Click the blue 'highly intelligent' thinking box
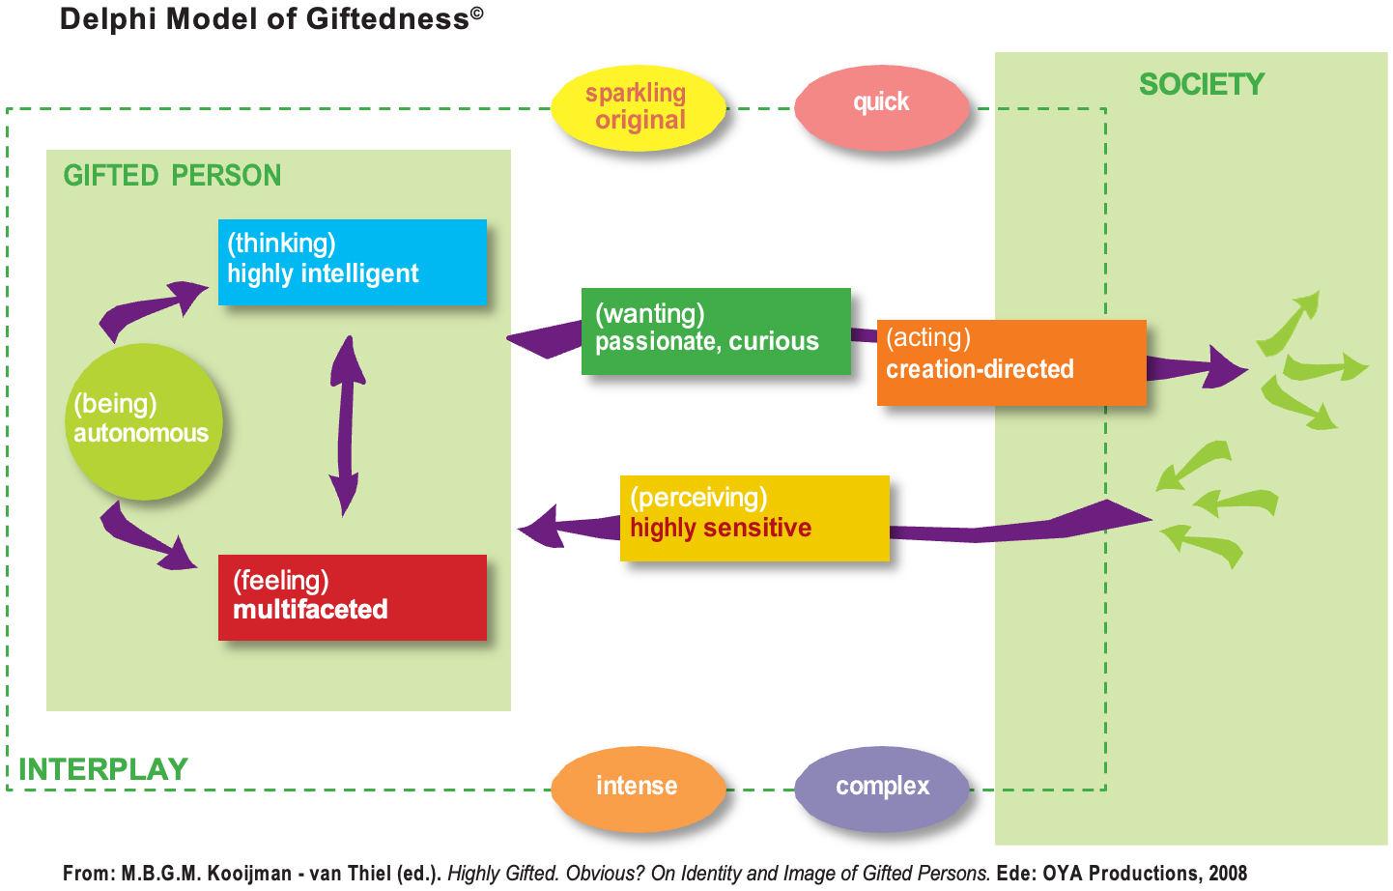point(352,262)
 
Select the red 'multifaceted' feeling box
point(352,596)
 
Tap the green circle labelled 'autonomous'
point(145,421)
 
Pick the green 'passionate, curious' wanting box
point(715,331)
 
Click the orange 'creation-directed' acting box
point(1010,361)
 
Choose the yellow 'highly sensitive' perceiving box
point(753,517)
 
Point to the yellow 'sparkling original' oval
point(638,107)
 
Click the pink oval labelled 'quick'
point(881,103)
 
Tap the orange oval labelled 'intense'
point(638,787)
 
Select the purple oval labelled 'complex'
point(881,787)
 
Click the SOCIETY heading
point(1201,85)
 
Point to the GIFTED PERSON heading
point(172,176)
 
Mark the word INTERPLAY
point(103,769)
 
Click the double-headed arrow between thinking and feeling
point(345,425)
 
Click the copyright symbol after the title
point(477,13)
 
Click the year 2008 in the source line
point(1228,874)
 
